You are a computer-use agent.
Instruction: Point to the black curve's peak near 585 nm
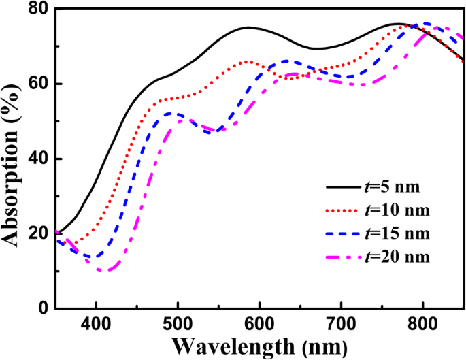click(248, 27)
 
